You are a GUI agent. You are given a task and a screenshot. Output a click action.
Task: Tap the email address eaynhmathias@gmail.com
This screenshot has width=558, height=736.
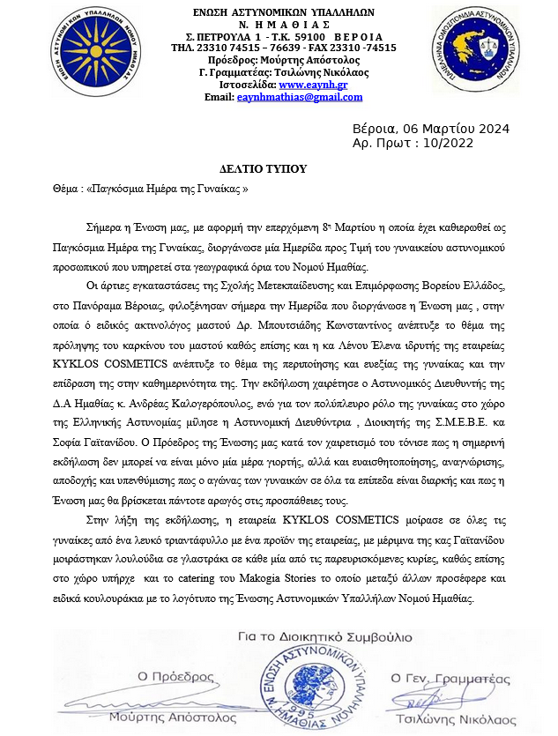pos(301,97)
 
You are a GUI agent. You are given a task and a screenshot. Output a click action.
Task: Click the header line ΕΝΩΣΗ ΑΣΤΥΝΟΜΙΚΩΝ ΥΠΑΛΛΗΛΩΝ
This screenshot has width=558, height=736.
pos(283,11)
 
